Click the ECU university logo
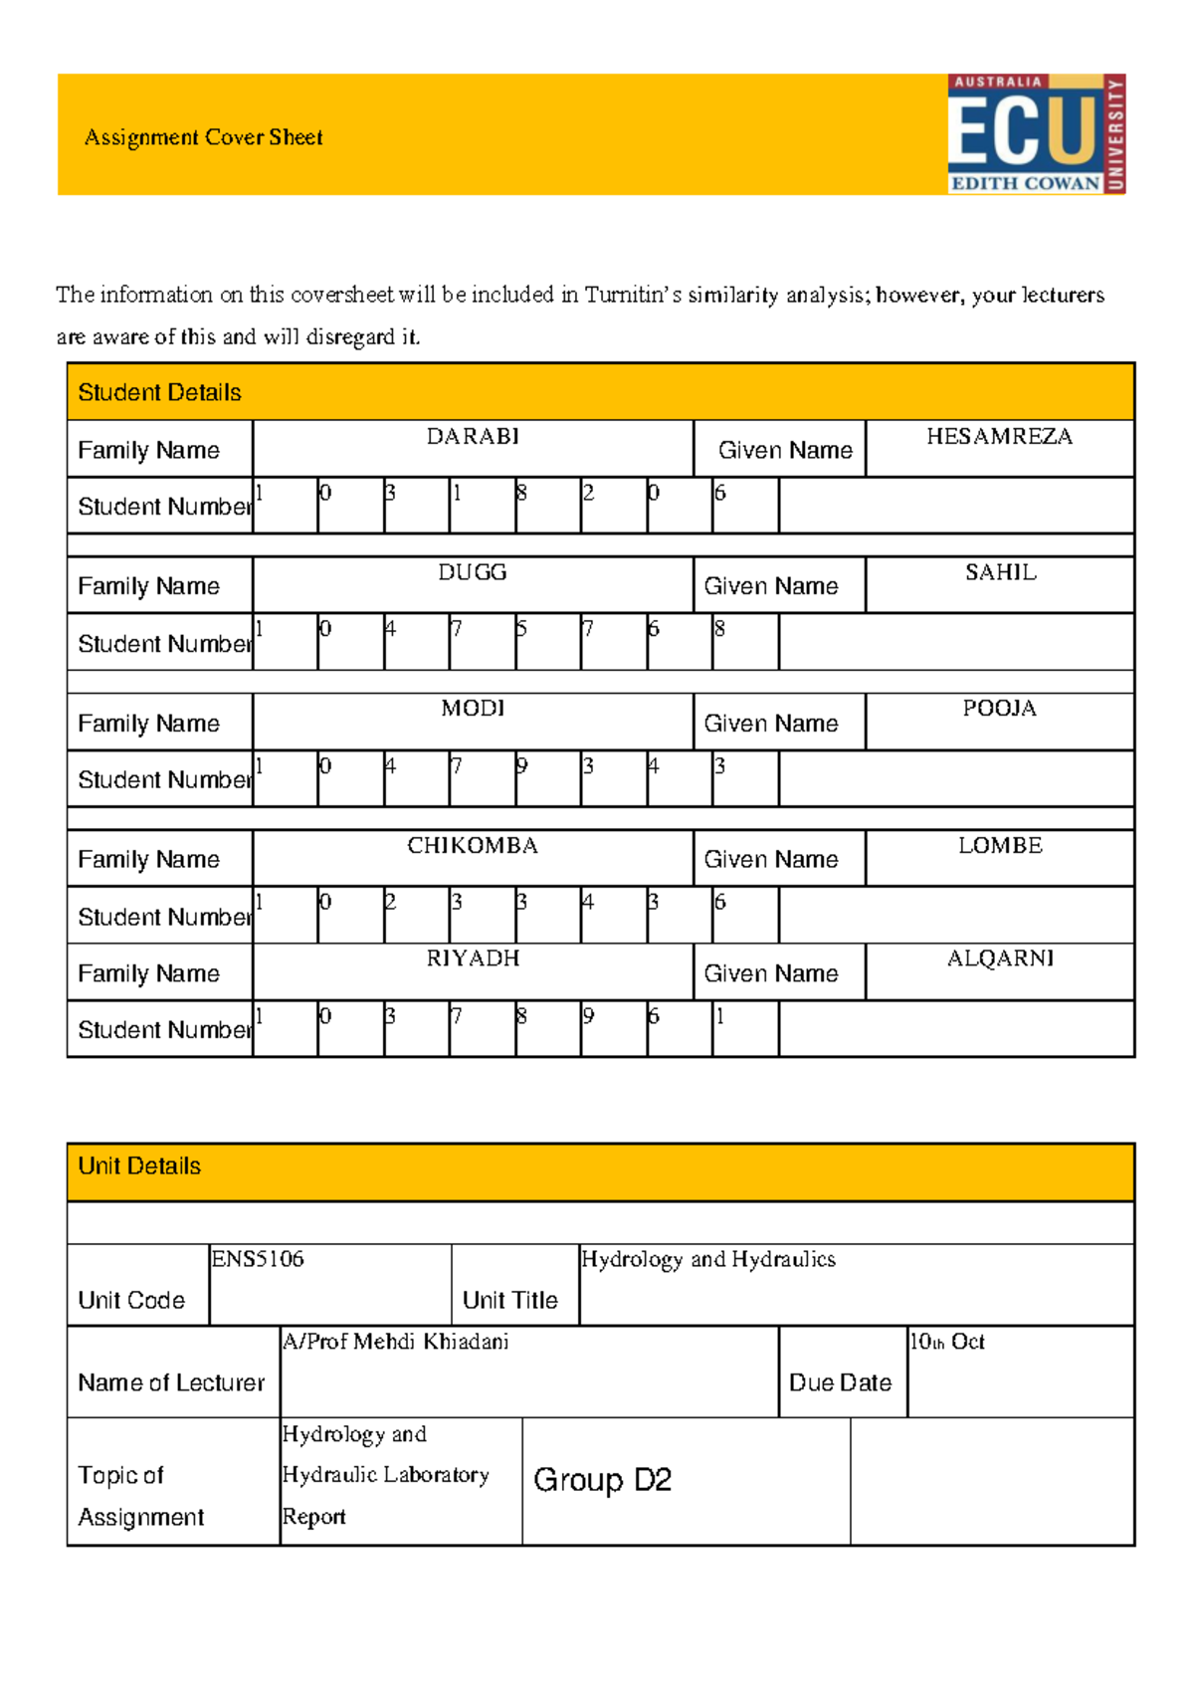pos(1036,133)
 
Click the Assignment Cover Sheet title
pos(203,137)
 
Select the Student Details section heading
pos(159,392)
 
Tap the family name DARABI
pos(473,437)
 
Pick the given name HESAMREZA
pos(999,437)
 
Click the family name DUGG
pos(473,572)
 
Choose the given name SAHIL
pos(1000,572)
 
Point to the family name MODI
pos(473,709)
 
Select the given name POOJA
pos(999,709)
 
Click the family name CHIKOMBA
pos(473,845)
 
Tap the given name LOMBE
pos(1000,845)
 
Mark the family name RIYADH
pos(473,958)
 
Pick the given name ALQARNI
pos(1000,958)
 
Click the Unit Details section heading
pos(139,1165)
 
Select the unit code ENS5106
pos(257,1259)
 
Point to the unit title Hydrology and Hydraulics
pos(707,1259)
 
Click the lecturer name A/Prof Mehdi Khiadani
pos(395,1342)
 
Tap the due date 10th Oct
pos(946,1342)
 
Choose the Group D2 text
pos(602,1480)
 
